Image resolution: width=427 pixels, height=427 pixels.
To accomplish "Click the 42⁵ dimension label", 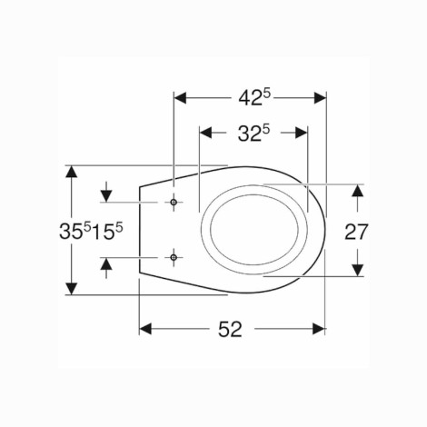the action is (x=253, y=97).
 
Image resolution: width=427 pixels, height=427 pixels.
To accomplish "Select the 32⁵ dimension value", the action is (x=253, y=133).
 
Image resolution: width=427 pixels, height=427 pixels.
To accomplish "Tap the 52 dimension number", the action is (x=230, y=329).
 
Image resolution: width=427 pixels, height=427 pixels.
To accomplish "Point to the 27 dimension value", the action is (x=356, y=232).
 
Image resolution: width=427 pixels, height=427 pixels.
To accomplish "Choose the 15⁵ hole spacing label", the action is (x=107, y=232).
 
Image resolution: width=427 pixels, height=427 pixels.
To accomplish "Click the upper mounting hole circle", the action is (x=174, y=202).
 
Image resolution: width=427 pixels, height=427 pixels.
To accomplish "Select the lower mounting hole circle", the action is (x=174, y=257).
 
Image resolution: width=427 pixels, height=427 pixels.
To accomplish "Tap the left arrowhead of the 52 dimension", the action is (x=145, y=329).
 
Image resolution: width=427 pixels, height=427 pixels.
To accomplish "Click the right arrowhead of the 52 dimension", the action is (x=319, y=329).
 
